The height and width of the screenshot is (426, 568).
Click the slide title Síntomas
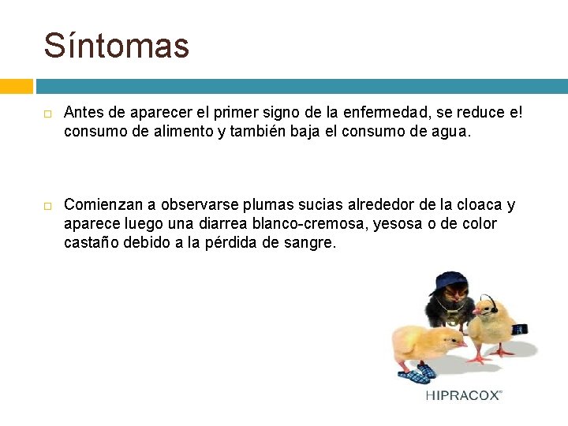pos(117,46)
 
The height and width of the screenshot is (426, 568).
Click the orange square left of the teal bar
pos(16,86)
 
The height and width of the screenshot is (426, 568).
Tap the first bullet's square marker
pos(48,114)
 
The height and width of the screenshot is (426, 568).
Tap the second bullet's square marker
pos(48,206)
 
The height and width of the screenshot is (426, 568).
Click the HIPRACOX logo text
pos(463,395)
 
